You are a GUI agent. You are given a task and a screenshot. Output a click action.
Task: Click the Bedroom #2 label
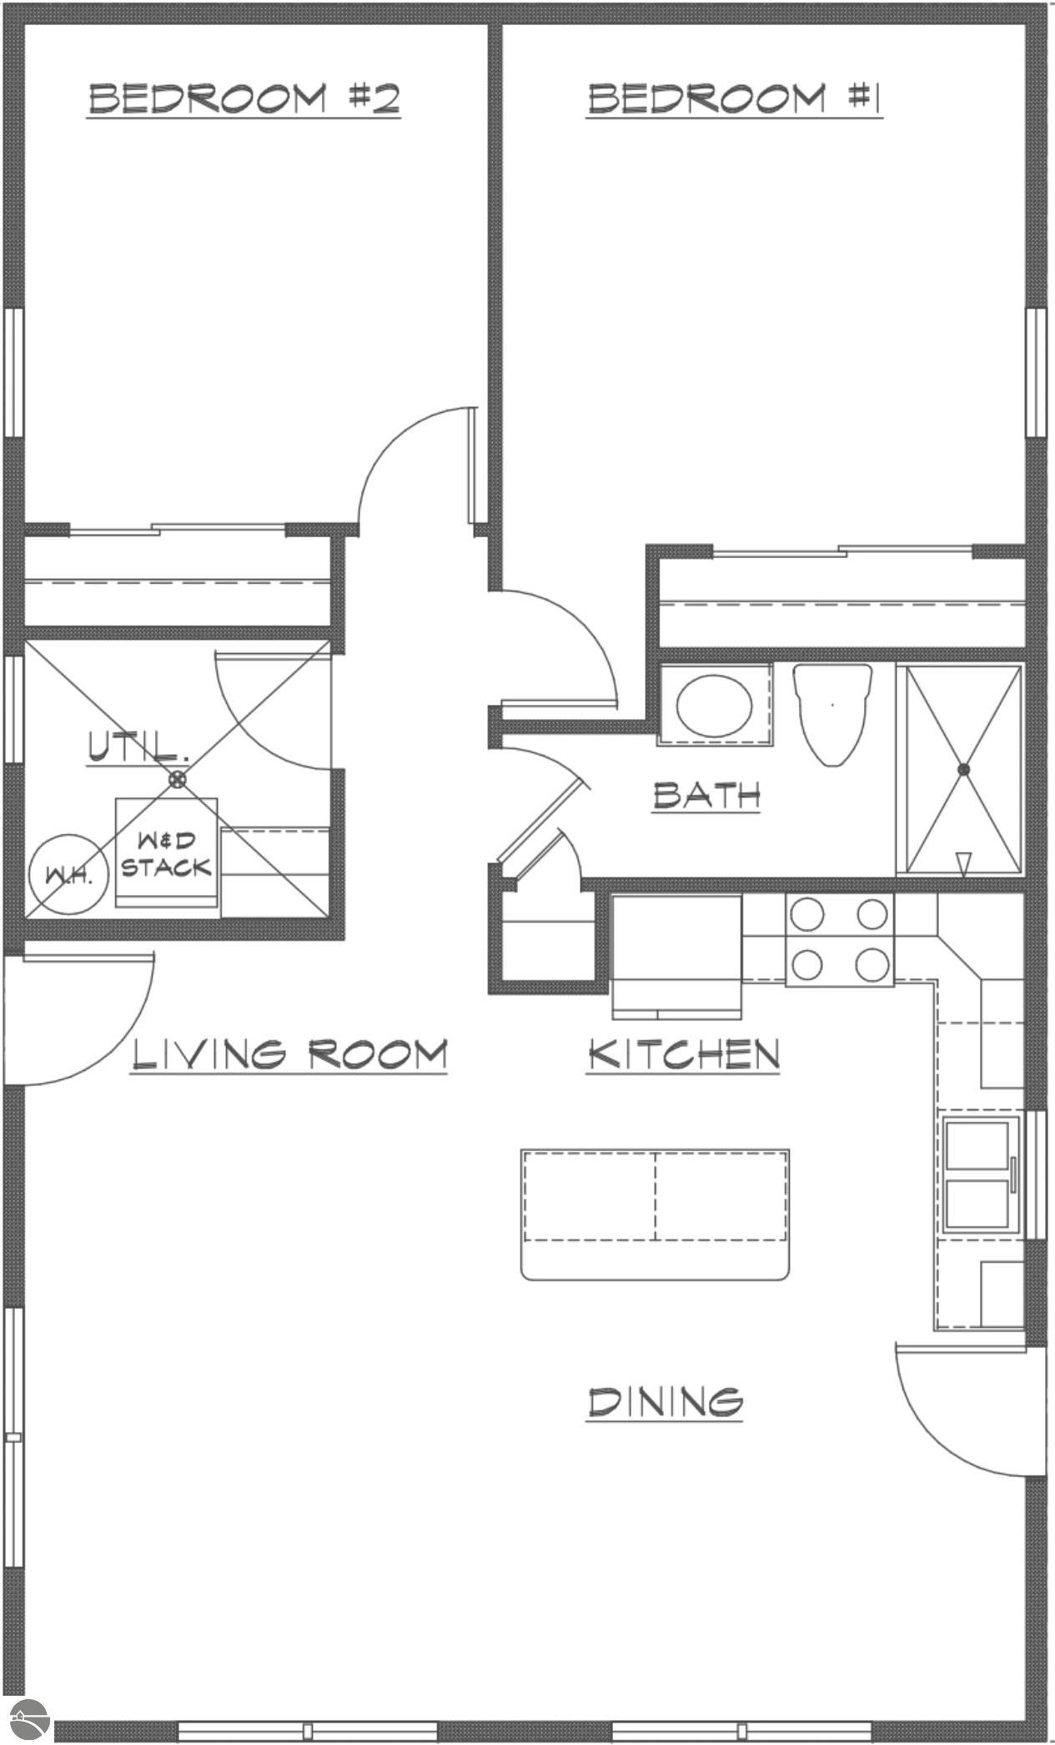coord(244,98)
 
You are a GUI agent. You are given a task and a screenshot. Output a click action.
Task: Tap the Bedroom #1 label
coord(734,98)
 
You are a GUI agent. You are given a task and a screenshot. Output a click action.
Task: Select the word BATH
coord(706,795)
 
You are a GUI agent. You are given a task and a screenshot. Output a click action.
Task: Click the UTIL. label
coord(138,745)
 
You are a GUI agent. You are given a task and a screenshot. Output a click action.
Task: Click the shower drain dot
coord(963,769)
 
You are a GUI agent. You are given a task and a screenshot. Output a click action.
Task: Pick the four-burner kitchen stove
coord(839,940)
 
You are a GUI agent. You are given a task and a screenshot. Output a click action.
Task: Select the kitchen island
coord(655,1214)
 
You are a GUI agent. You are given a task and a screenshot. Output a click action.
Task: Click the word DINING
coord(665,1401)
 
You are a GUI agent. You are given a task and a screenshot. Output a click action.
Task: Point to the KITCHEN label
coord(683,1054)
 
